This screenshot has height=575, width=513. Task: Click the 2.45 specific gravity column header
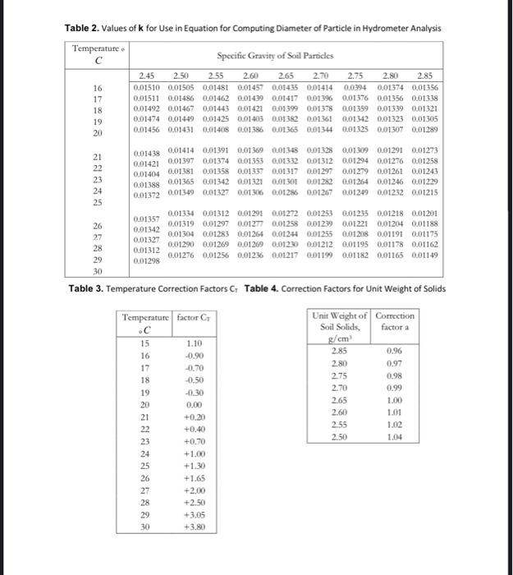pos(149,75)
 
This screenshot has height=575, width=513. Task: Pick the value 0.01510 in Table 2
pos(148,86)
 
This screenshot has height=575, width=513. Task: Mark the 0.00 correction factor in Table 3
pos(195,405)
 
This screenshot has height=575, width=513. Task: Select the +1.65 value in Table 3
pos(195,477)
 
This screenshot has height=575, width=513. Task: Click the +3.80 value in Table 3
pos(195,526)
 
